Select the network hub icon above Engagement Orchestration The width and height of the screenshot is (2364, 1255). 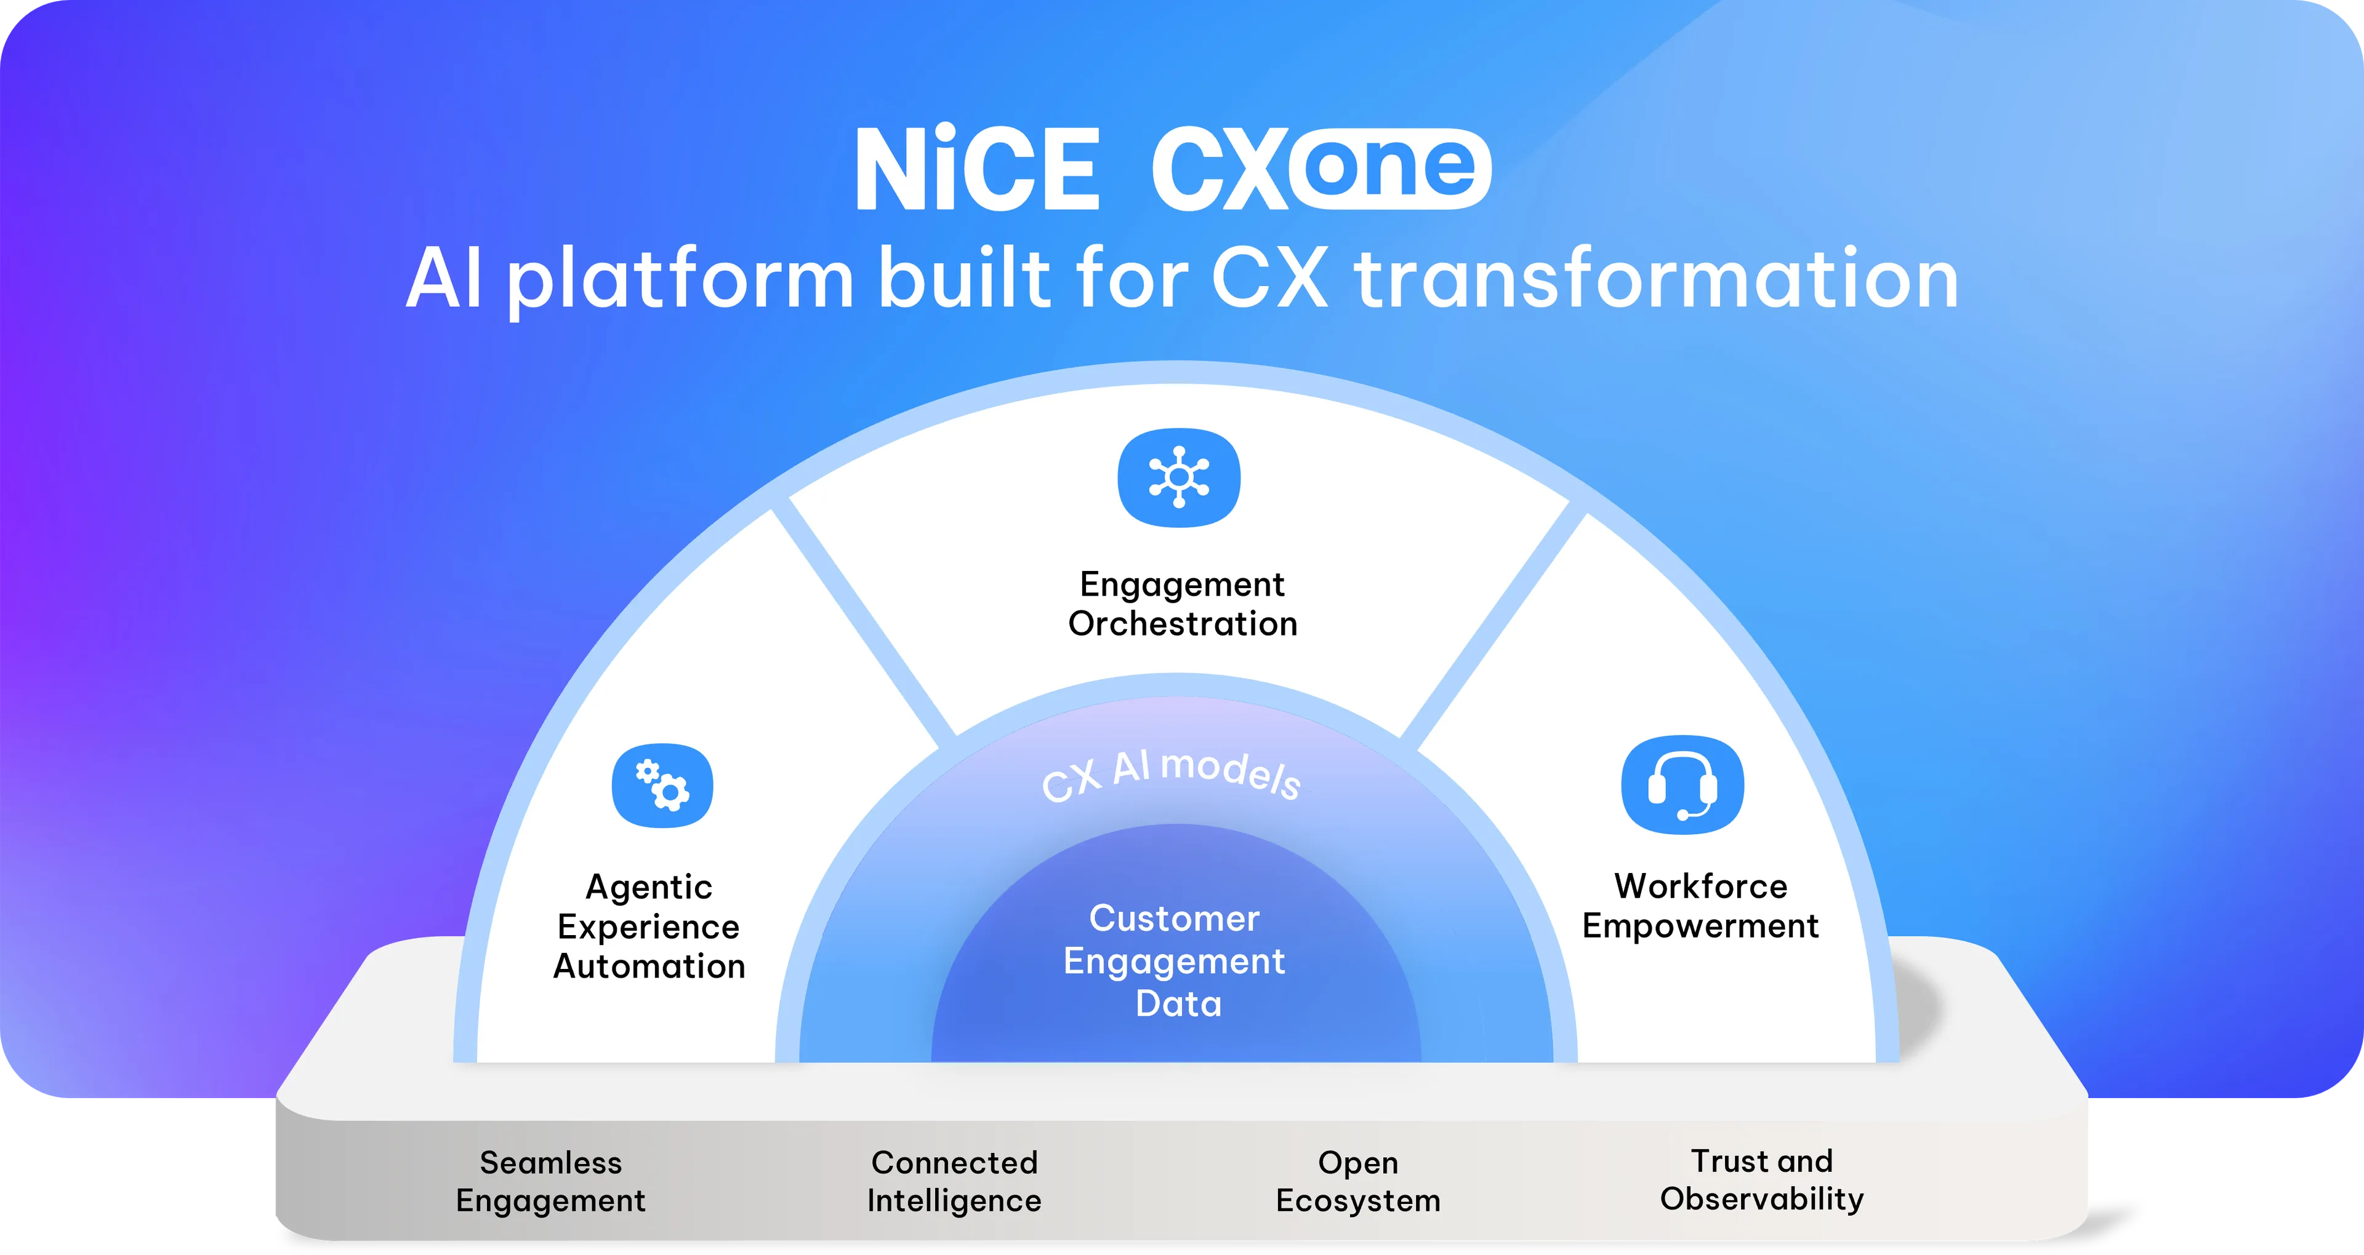(1178, 478)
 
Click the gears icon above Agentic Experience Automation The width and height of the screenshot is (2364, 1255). (662, 785)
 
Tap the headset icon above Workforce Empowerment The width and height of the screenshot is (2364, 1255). (1682, 785)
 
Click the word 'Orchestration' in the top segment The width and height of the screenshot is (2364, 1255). (1182, 624)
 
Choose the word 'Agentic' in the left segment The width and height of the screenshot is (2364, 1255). (649, 886)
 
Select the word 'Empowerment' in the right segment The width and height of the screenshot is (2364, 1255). (1700, 926)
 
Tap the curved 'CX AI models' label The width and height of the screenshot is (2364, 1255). (1171, 775)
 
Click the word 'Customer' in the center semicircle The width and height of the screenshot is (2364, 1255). (1174, 918)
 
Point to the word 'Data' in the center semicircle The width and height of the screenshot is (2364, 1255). (1178, 1003)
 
